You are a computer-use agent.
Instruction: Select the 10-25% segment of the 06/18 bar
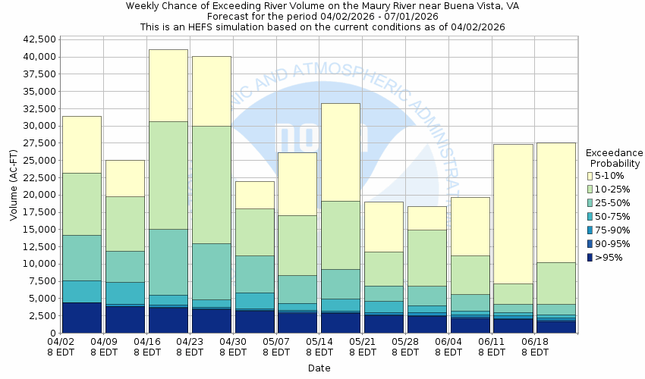click(556, 283)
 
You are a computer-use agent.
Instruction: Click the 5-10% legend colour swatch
click(590, 176)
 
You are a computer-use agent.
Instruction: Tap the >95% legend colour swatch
click(590, 258)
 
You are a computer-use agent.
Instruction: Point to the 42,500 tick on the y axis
click(37, 39)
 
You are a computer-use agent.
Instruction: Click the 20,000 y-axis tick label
click(37, 195)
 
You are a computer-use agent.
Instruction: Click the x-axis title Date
click(319, 368)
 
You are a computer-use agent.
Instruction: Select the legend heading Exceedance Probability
click(615, 158)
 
